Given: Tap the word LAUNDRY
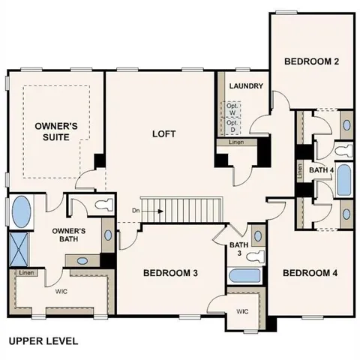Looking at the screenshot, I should click(x=246, y=86).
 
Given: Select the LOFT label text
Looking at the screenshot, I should click(x=163, y=134).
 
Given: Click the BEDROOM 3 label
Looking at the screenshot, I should click(x=170, y=273).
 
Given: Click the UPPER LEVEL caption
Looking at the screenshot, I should click(x=43, y=341).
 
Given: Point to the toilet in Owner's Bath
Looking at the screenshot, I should click(x=100, y=205).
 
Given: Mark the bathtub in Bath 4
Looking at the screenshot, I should click(x=344, y=180).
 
